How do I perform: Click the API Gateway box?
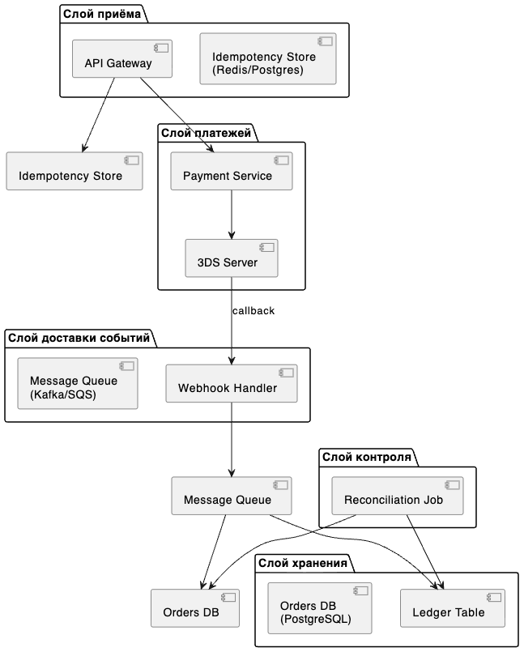click(x=121, y=58)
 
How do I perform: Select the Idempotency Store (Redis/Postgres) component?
click(x=268, y=58)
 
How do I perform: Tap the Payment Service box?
click(x=232, y=172)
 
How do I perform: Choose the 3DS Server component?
click(x=232, y=258)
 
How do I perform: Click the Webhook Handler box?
click(x=232, y=383)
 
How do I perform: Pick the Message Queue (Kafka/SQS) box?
click(x=78, y=383)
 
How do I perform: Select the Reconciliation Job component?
click(x=397, y=496)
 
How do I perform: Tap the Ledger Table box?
click(x=453, y=608)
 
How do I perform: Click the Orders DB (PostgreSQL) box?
click(x=319, y=608)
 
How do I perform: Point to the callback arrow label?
click(x=253, y=311)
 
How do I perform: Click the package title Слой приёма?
click(x=102, y=14)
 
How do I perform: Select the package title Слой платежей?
click(x=206, y=133)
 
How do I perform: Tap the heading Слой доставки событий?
click(x=79, y=338)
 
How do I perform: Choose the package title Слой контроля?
click(x=366, y=458)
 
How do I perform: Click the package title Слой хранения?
click(x=302, y=563)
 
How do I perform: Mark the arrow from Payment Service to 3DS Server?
click(x=232, y=215)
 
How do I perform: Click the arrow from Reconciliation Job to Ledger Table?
click(x=424, y=552)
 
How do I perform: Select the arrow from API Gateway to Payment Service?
click(x=177, y=115)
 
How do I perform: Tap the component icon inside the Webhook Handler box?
click(x=286, y=373)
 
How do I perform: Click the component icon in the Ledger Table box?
click(x=494, y=597)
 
